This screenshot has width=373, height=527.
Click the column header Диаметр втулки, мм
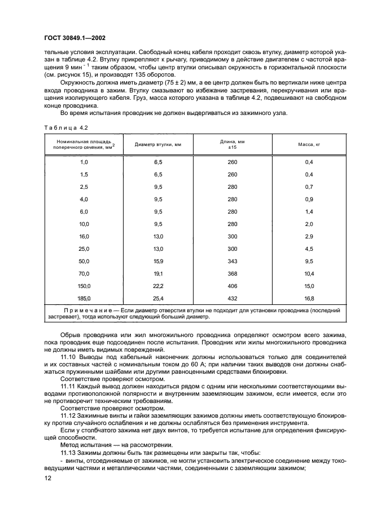158,144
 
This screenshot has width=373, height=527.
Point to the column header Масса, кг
309,144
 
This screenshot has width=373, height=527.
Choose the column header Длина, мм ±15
232,144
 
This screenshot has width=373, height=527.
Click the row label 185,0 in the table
84,298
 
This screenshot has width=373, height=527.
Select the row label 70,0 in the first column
84,273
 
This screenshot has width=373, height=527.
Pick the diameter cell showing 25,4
158,298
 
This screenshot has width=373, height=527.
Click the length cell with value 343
232,260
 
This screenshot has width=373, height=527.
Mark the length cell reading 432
232,298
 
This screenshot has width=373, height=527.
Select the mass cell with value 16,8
309,298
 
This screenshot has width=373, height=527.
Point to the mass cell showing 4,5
309,248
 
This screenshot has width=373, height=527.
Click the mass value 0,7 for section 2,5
309,186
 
